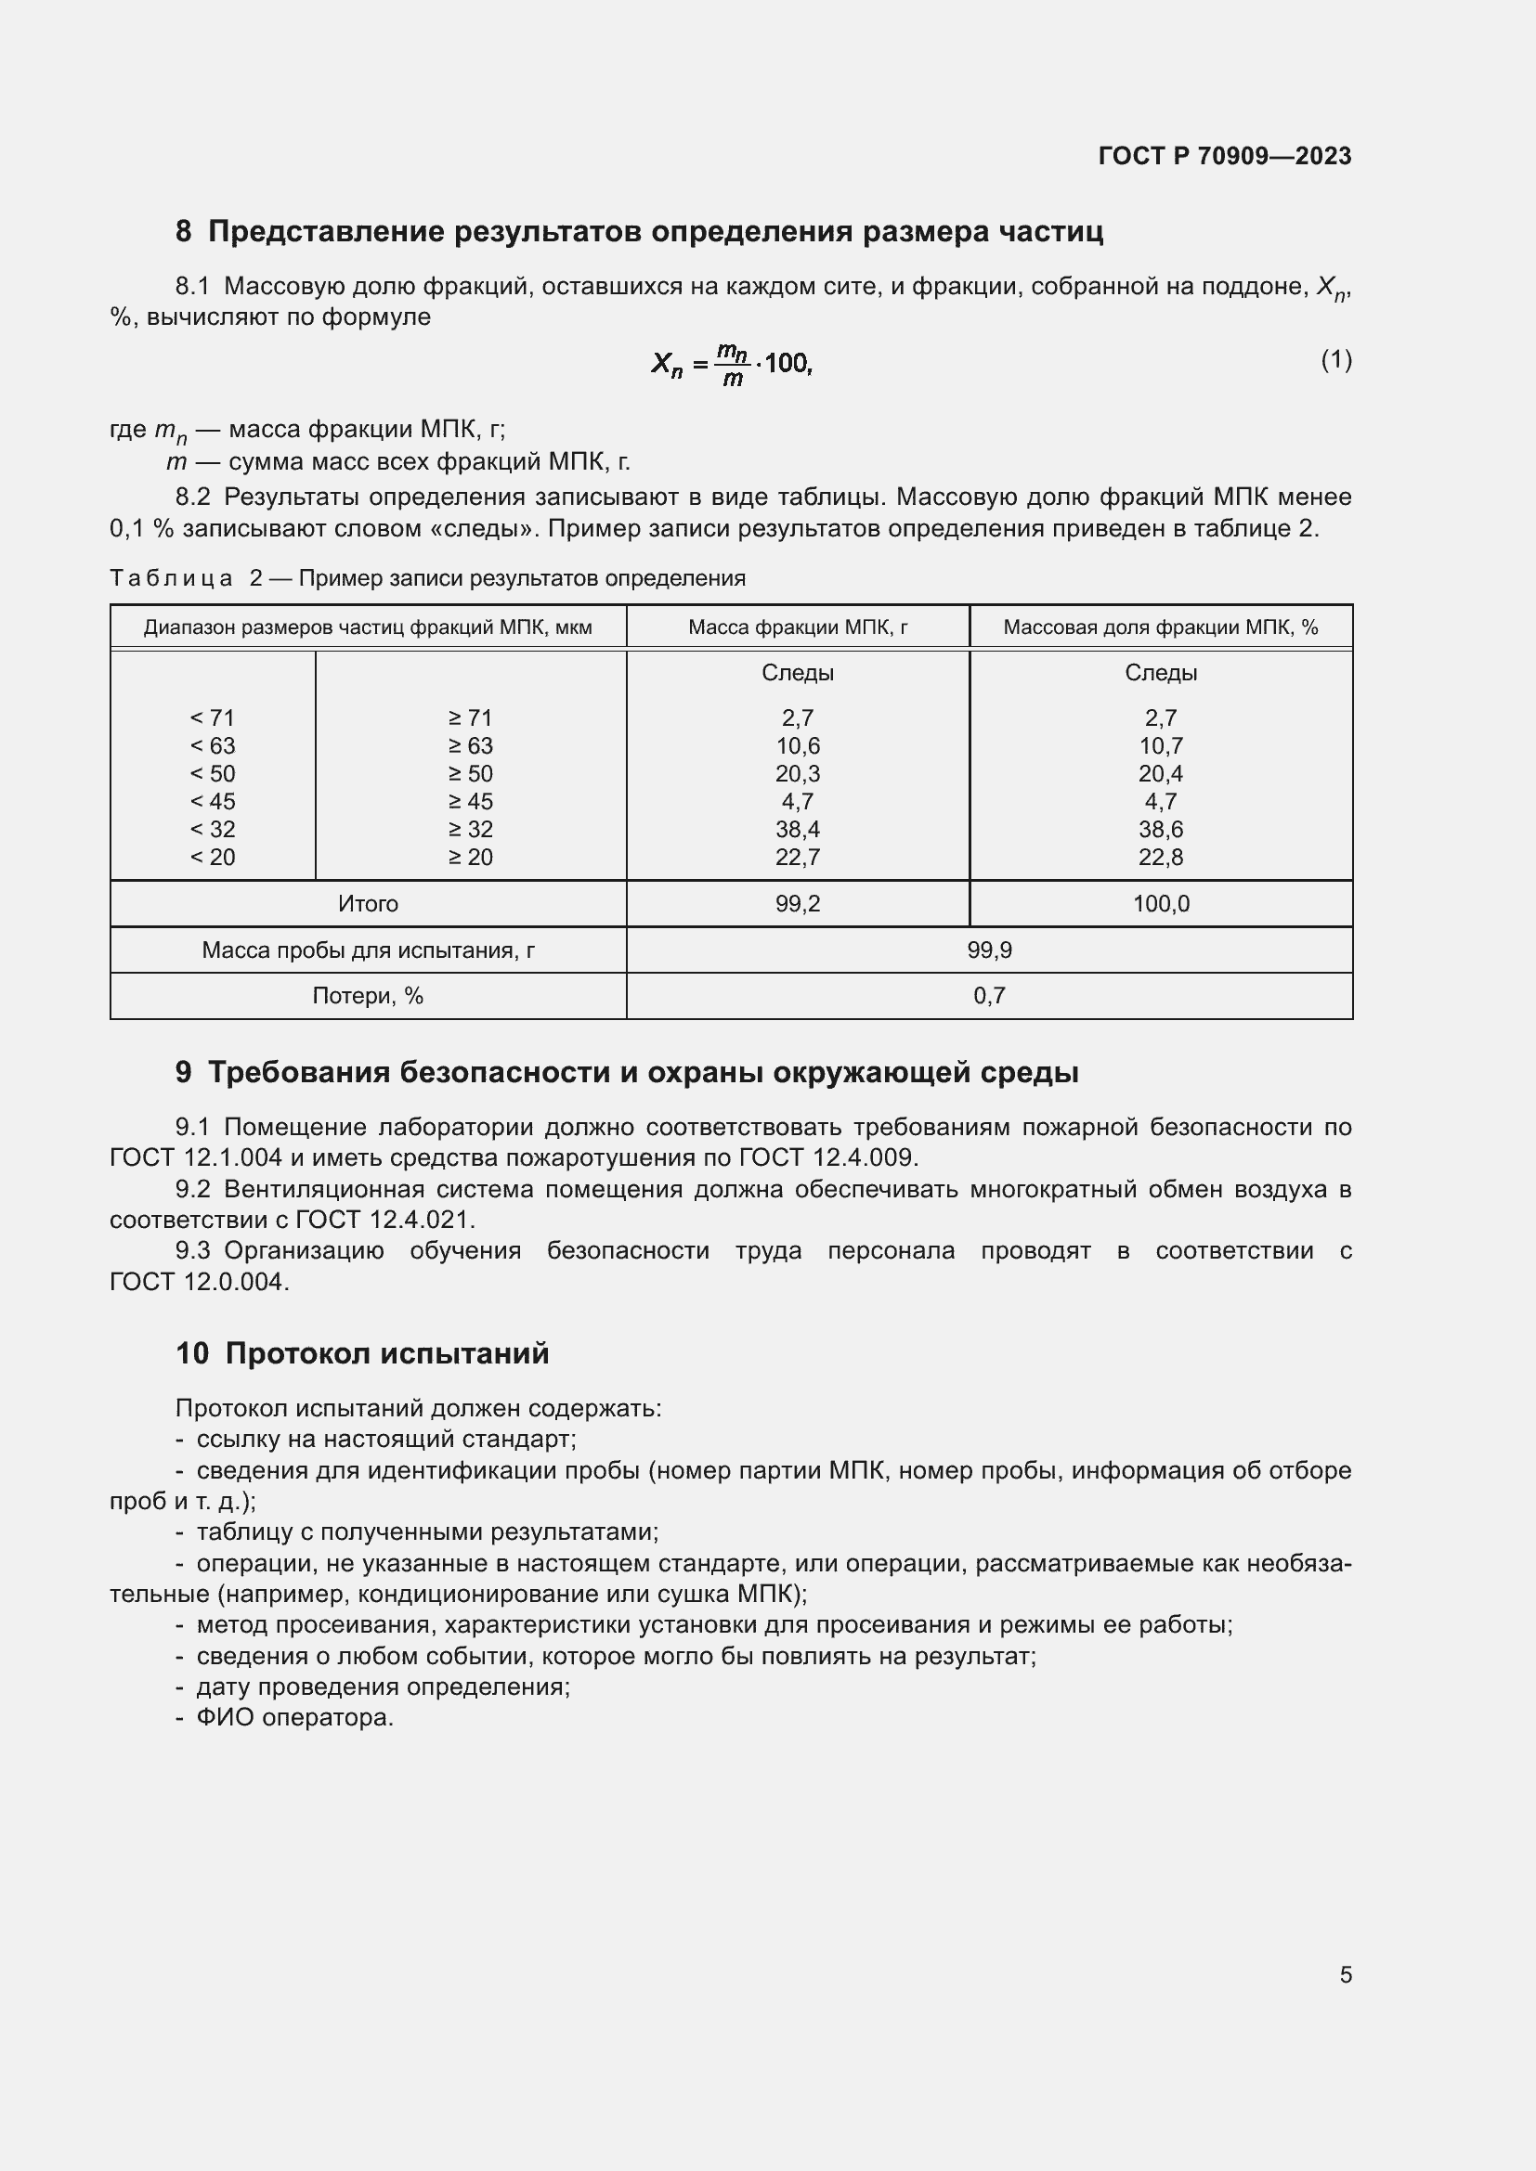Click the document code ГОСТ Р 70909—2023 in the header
coord(1224,156)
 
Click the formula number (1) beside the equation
coord(1335,359)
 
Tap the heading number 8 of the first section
coord(183,232)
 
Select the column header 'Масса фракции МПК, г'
coord(798,627)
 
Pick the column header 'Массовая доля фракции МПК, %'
coord(1160,627)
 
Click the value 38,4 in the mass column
coord(798,829)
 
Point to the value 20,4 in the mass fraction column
coord(1161,773)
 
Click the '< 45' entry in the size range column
coord(212,802)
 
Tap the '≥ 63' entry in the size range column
coord(470,746)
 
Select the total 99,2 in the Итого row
coord(798,904)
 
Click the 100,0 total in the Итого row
coord(1161,904)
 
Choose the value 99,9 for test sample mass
coord(988,950)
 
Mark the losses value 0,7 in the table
coord(988,996)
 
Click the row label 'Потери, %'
coord(367,996)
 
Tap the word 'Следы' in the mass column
coord(798,673)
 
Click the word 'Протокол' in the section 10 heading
coord(293,1353)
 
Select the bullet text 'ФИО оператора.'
coord(294,1717)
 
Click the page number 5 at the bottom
coord(1345,1975)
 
